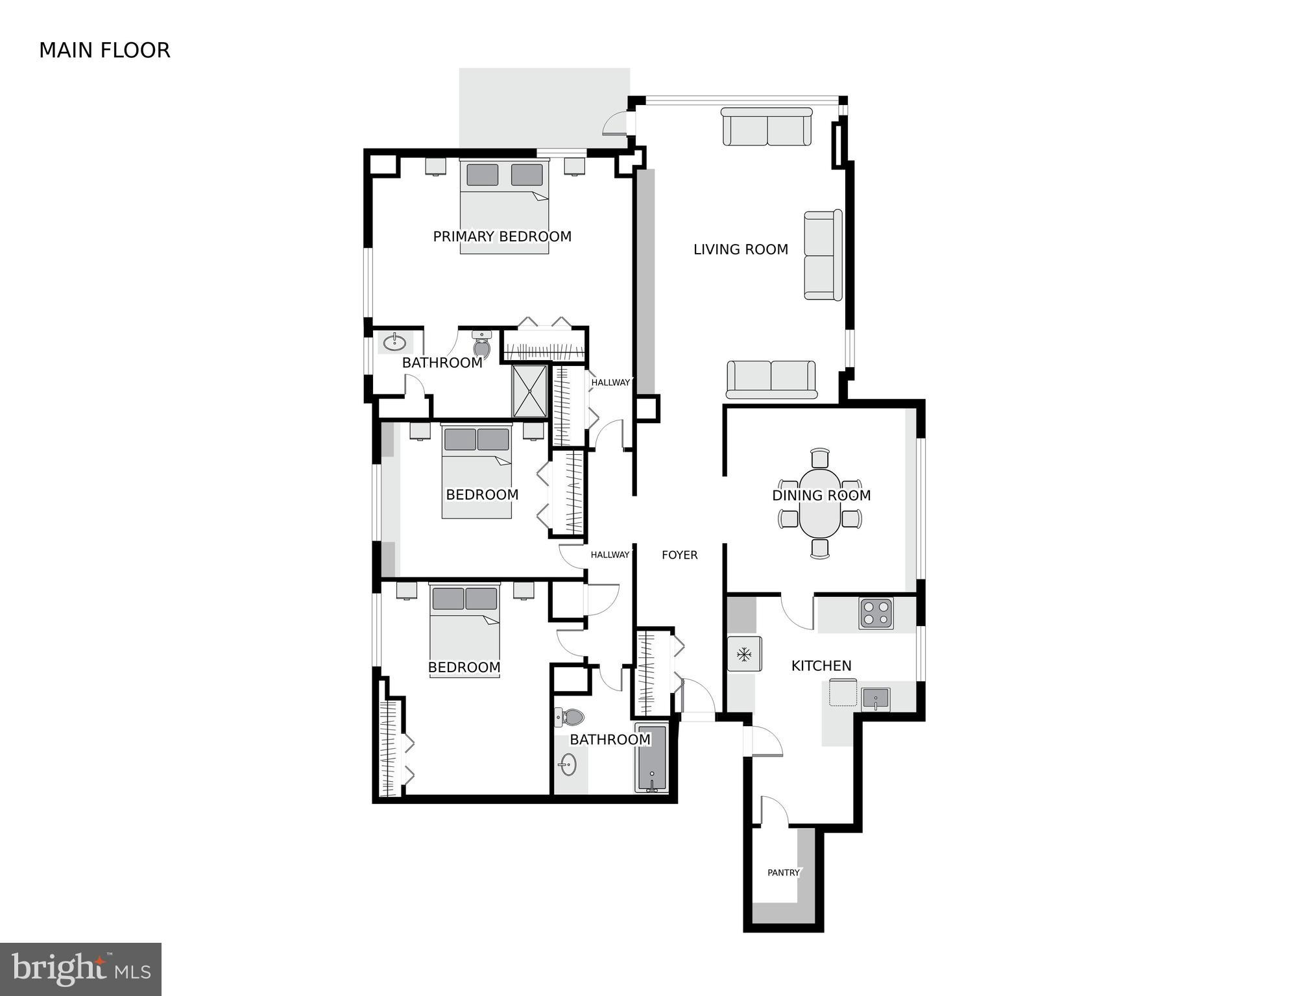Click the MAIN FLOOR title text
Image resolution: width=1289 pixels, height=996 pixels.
point(104,51)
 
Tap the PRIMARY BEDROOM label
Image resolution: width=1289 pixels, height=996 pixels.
point(502,237)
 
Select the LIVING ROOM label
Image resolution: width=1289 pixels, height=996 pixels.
point(740,250)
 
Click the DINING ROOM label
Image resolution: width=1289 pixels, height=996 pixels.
point(821,496)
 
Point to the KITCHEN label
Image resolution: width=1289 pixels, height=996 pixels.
point(821,666)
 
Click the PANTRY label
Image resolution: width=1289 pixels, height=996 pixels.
point(783,873)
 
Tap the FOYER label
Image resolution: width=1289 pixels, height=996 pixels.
point(679,555)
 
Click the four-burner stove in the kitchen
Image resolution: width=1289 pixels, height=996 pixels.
point(876,613)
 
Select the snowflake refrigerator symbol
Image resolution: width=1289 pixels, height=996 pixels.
point(743,654)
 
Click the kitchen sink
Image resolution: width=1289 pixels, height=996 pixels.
point(875,700)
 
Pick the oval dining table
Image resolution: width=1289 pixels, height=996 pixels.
point(820,504)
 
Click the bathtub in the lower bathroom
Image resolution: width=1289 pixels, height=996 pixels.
point(651,759)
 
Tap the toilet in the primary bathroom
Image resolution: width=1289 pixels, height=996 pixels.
point(481,345)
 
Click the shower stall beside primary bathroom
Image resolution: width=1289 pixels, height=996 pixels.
point(530,391)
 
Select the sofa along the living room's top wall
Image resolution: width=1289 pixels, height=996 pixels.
point(767,127)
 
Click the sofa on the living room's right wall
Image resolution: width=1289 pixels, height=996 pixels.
point(823,255)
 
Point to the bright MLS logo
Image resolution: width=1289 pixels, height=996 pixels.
point(80,969)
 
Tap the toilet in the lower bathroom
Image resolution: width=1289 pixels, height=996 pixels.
point(570,717)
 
